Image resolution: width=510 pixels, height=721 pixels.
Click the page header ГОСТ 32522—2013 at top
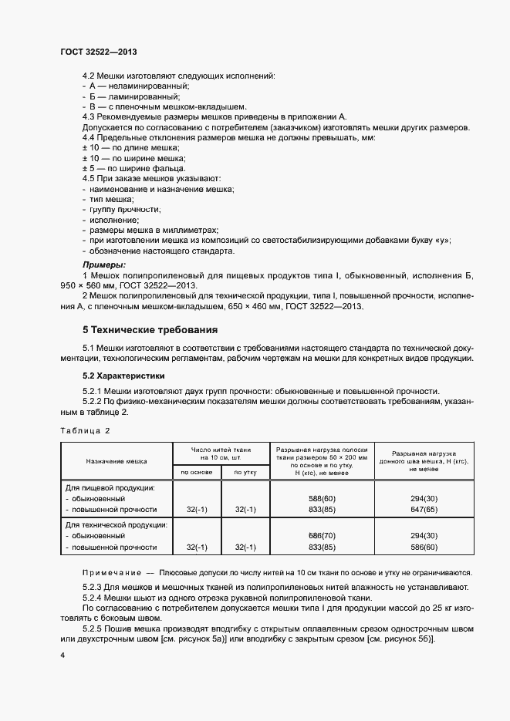pyautogui.click(x=99, y=51)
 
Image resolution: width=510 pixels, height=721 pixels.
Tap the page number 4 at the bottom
pyautogui.click(x=62, y=655)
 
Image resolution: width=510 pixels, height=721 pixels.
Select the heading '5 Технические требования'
pyautogui.click(x=150, y=330)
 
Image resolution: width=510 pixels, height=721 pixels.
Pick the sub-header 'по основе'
pyautogui.click(x=197, y=472)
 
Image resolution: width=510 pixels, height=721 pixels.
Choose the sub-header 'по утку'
pyautogui.click(x=245, y=472)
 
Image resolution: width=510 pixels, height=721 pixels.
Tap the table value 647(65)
pyautogui.click(x=424, y=510)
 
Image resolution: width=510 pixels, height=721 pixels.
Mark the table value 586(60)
pyautogui.click(x=424, y=547)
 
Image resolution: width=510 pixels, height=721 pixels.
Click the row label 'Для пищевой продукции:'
pyautogui.click(x=110, y=487)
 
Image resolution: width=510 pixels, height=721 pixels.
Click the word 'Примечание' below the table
pyautogui.click(x=110, y=572)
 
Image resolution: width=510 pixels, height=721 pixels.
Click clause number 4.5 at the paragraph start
pyautogui.click(x=90, y=178)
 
